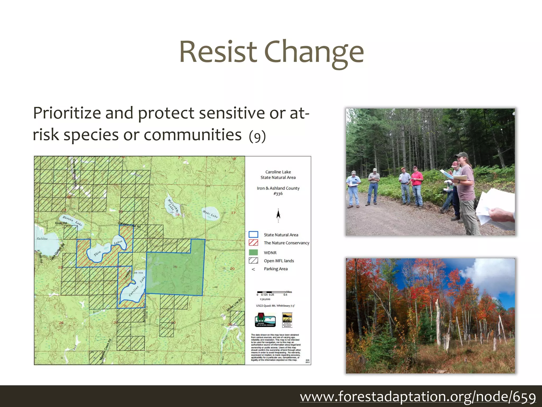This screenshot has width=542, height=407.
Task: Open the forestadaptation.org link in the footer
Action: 418,397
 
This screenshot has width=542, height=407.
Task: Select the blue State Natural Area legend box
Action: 253,235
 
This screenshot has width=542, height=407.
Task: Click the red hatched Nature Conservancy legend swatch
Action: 253,243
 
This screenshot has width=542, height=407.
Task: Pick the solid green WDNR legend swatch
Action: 253,253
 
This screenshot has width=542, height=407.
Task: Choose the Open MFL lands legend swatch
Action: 253,260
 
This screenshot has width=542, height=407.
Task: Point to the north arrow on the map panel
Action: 278,215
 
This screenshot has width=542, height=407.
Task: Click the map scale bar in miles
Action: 271,292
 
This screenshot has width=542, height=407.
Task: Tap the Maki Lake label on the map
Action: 210,214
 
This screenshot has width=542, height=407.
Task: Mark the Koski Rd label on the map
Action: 61,223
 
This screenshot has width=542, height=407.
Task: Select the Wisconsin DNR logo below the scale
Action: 265,320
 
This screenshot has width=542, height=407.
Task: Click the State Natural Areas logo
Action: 287,320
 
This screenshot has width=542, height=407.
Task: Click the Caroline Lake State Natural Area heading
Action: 278,175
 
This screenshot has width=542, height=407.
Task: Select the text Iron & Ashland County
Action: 278,188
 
